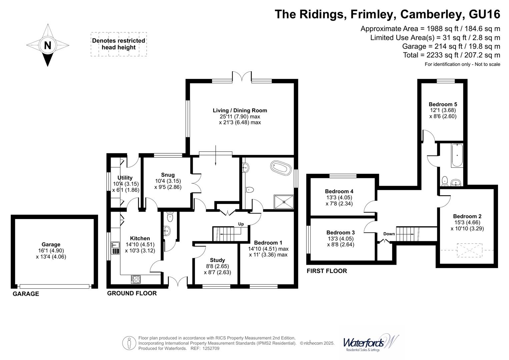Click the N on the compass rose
(48, 45)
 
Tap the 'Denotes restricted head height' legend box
(119, 44)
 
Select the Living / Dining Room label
(240, 110)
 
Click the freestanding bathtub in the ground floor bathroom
(280, 167)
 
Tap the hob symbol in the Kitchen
(136, 279)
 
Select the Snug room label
(168, 175)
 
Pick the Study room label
(217, 260)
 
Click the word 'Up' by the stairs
(241, 224)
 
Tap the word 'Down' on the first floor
(389, 234)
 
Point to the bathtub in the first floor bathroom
(456, 155)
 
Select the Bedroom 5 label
(443, 104)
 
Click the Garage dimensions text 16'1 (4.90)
(51, 251)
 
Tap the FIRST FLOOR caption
(327, 271)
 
